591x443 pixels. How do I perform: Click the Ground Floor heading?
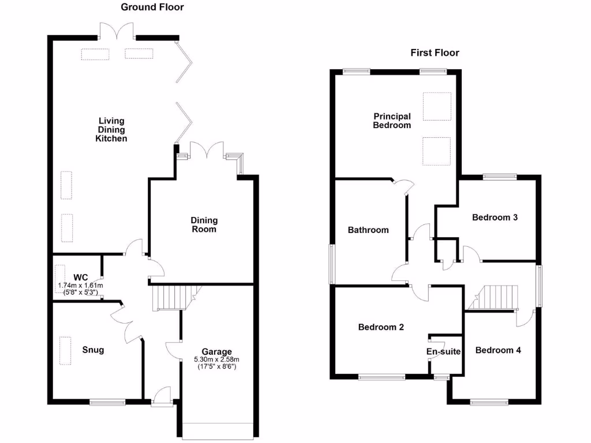click(152, 7)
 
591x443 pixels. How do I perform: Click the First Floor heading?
click(435, 53)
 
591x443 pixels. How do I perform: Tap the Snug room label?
click(93, 350)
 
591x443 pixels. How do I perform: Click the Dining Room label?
click(204, 224)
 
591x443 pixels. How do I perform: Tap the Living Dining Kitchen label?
click(111, 130)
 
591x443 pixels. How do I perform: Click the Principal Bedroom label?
click(392, 121)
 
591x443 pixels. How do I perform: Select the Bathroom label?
click(368, 230)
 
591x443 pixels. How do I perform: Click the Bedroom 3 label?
click(495, 217)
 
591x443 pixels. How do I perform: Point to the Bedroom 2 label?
click(381, 327)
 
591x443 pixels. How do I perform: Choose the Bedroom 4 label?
click(498, 350)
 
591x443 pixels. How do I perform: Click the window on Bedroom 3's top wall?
click(500, 177)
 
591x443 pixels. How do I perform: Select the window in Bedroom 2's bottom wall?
click(381, 378)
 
